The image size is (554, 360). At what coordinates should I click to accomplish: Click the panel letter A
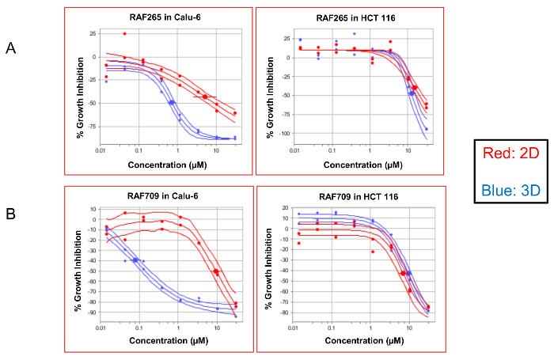(11, 49)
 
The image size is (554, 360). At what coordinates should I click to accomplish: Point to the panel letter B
(11, 214)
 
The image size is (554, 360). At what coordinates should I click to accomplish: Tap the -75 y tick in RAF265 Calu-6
(93, 126)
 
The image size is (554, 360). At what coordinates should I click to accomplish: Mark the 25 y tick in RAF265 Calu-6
(94, 34)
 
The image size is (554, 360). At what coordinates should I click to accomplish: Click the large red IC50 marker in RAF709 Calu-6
(215, 271)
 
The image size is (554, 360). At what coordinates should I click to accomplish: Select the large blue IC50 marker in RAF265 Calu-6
(171, 102)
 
